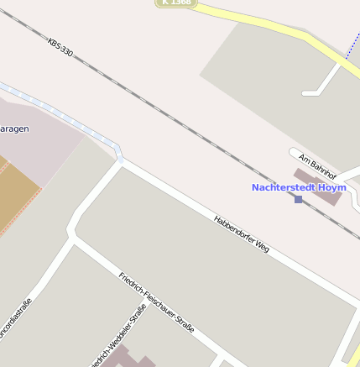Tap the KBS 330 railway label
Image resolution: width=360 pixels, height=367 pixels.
pos(60,47)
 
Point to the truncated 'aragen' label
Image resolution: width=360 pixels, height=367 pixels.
pos(15,129)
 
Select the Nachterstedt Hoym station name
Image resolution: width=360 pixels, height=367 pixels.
pos(299,187)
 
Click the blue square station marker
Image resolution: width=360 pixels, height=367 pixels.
pos(298,199)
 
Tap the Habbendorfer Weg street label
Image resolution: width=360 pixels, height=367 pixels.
pos(242,234)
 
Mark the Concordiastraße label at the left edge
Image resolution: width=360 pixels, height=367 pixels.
pos(15,318)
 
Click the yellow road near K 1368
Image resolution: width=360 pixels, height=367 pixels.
pos(269,25)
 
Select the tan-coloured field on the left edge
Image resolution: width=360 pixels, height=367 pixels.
pos(17,189)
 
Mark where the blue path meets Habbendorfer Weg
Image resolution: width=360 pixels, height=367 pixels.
pos(121,158)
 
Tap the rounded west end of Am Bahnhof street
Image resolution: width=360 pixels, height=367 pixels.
pos(295,154)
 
